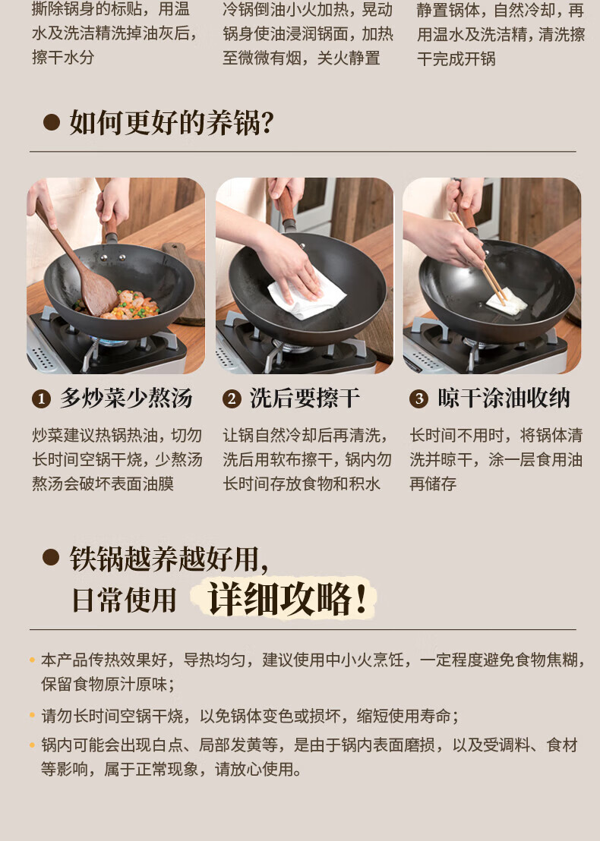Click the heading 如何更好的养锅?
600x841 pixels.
(172, 123)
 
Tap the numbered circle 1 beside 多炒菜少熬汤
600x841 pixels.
(41, 399)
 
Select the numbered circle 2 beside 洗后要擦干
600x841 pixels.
(232, 399)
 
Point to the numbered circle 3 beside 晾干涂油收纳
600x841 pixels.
(418, 399)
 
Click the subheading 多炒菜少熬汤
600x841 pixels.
(126, 398)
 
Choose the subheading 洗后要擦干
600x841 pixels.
(305, 398)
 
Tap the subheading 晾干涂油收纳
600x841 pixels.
(504, 398)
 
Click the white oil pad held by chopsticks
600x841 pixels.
(507, 302)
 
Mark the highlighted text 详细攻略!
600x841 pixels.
(287, 599)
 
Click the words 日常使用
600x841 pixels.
(125, 600)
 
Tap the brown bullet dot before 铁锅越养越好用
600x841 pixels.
(51, 558)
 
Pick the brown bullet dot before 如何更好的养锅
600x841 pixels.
(51, 122)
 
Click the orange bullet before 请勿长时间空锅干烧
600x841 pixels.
(32, 716)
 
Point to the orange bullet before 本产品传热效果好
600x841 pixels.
(32, 660)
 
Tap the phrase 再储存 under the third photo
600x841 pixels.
(433, 483)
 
